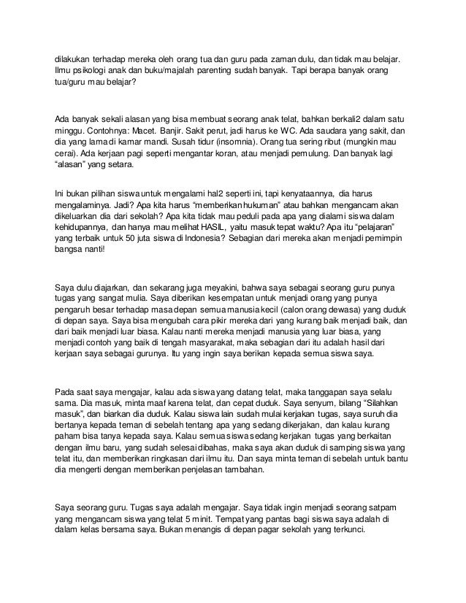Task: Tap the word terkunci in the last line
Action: click(x=345, y=530)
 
